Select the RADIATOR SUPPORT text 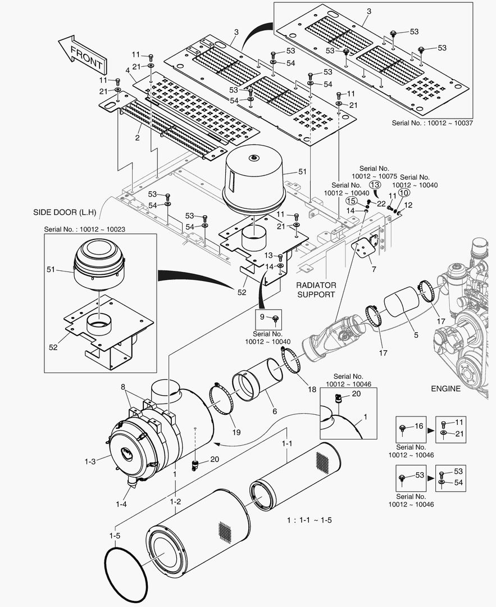click(x=316, y=290)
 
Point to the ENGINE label click(x=445, y=388)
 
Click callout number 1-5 click(x=115, y=536)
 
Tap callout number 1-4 click(x=121, y=504)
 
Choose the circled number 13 click(x=375, y=184)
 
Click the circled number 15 click(x=351, y=200)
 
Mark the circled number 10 click(x=403, y=192)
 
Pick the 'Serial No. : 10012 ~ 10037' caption click(x=431, y=123)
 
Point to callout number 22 click(x=381, y=203)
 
